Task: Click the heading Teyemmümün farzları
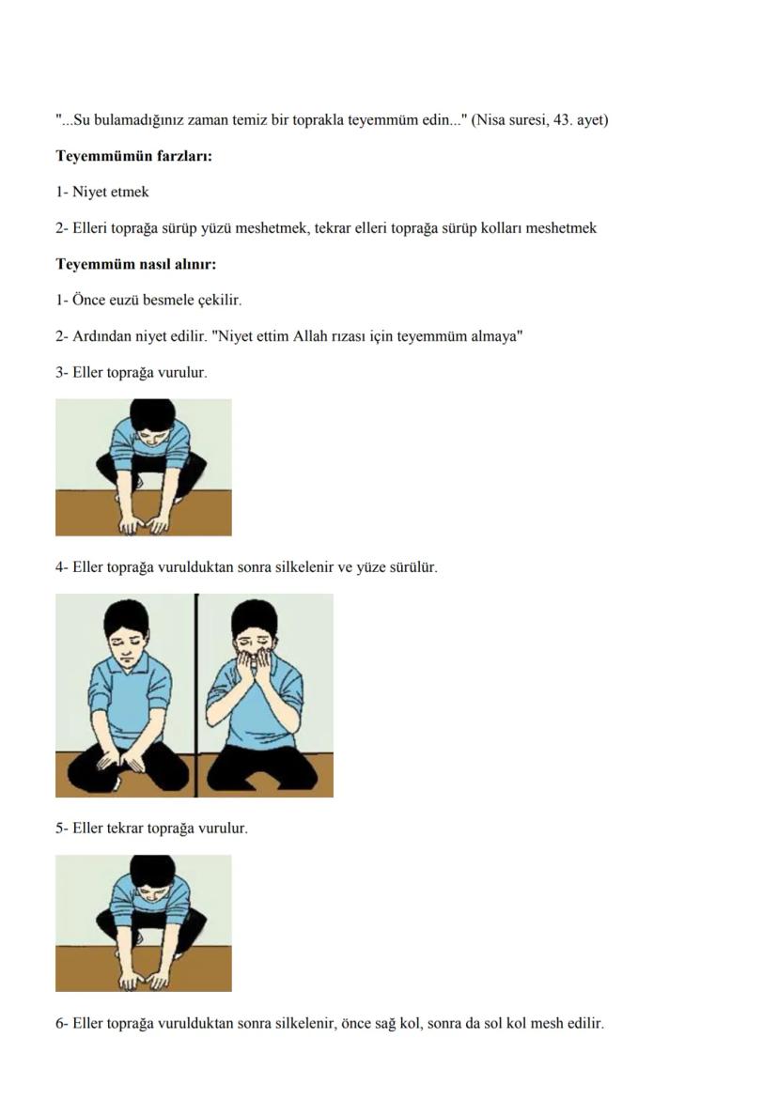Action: click(x=133, y=156)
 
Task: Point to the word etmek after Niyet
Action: click(x=130, y=192)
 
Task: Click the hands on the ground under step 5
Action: click(x=143, y=980)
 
